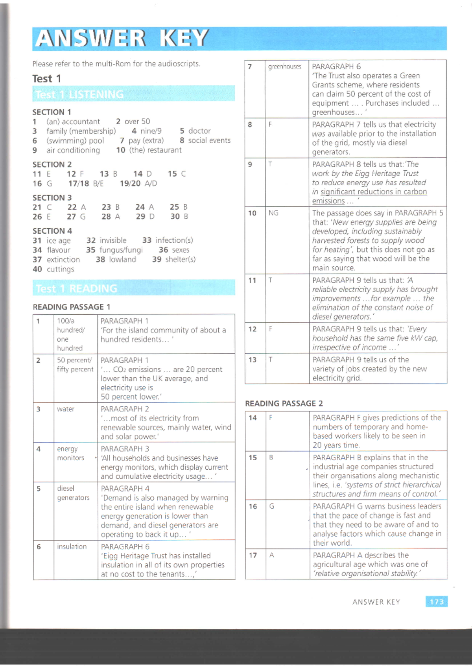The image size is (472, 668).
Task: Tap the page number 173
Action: click(x=436, y=602)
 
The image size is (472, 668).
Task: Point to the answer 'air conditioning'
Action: click(x=73, y=150)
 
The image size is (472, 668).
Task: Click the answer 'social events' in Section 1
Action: click(x=209, y=140)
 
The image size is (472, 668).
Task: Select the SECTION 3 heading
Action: click(x=52, y=197)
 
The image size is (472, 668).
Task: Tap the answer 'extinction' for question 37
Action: click(x=63, y=260)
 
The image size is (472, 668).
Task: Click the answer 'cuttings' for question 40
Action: click(x=60, y=269)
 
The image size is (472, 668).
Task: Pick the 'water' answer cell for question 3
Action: click(x=66, y=409)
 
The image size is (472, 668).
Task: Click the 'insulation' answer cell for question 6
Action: click(x=72, y=547)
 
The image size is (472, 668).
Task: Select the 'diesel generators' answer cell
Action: click(x=73, y=493)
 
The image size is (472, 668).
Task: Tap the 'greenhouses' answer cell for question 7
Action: click(x=285, y=67)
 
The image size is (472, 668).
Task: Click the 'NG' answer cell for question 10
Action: click(x=273, y=213)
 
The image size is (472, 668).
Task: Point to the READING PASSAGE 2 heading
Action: click(x=284, y=403)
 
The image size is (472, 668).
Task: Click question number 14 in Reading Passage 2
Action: click(x=253, y=418)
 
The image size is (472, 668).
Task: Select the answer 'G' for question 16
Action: click(x=271, y=506)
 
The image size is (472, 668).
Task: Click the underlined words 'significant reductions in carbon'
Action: click(x=373, y=192)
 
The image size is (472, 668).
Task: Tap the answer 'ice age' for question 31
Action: click(x=59, y=240)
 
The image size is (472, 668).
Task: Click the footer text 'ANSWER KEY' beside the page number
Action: click(x=376, y=602)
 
